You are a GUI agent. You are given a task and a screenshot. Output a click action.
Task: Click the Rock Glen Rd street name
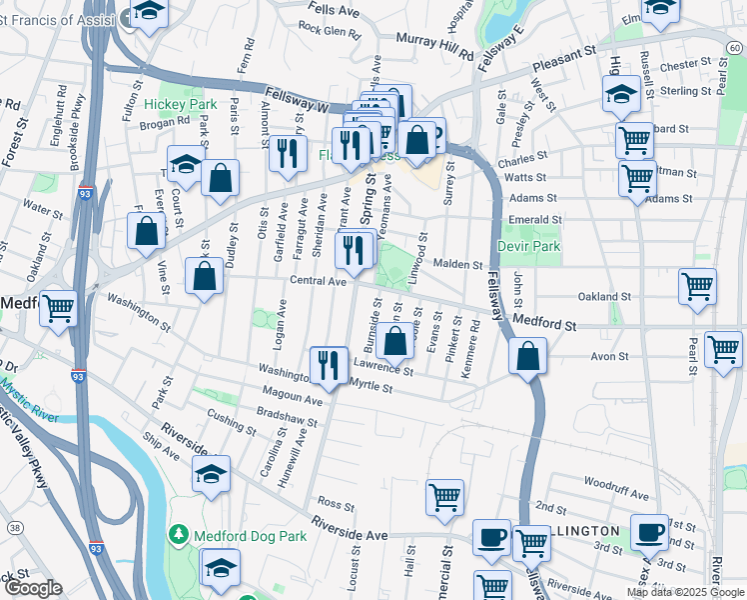329,31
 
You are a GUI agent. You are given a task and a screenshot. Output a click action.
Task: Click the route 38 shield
14,527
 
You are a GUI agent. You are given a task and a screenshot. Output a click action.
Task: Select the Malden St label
458,263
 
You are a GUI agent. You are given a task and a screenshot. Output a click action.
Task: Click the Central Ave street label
319,282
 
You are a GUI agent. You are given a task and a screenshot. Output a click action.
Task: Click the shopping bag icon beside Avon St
526,355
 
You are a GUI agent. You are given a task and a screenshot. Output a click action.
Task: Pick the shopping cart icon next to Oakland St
697,285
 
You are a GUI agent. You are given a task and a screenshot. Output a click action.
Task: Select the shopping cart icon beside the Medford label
59,307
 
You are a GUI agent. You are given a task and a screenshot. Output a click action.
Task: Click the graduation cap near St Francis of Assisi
149,12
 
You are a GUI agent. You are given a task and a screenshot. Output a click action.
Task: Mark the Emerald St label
535,219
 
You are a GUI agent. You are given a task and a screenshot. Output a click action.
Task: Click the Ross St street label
329,502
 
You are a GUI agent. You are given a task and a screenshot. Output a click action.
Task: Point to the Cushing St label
232,417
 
